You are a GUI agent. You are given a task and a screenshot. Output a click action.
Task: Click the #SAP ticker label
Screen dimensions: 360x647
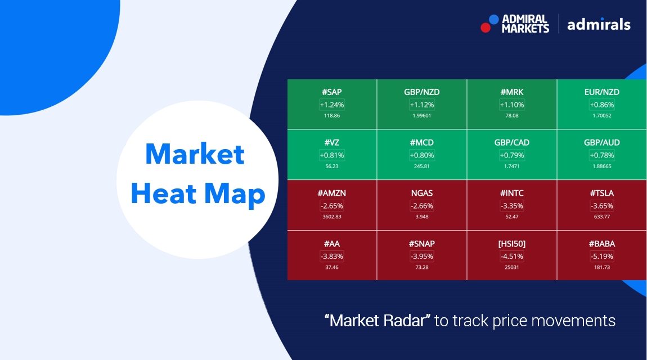tap(332, 92)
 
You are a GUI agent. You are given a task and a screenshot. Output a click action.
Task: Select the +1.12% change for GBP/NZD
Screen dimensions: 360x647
tap(421, 105)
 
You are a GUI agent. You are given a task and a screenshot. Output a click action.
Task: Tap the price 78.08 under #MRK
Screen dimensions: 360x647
tap(511, 116)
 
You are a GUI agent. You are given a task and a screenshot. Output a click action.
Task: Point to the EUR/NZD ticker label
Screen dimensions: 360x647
tap(601, 92)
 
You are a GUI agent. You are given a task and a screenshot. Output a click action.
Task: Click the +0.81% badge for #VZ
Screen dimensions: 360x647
tap(332, 155)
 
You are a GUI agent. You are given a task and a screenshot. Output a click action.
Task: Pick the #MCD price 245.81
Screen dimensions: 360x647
tap(421, 166)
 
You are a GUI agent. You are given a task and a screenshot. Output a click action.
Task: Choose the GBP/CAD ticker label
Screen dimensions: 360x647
tap(511, 142)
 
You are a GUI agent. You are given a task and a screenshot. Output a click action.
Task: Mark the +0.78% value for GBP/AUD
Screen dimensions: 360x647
tap(601, 155)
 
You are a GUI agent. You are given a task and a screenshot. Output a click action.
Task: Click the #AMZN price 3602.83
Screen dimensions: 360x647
tap(332, 217)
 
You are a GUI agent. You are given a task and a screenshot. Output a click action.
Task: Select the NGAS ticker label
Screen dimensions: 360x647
tap(421, 193)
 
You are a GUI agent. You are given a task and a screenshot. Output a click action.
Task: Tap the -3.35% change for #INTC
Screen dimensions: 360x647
tap(511, 206)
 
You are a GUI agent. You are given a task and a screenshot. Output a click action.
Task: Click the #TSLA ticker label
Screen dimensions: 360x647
tap(601, 193)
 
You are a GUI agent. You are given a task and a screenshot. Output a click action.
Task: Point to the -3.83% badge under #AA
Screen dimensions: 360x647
tap(332, 256)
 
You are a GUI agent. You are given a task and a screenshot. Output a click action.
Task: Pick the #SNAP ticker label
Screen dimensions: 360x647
tap(421, 244)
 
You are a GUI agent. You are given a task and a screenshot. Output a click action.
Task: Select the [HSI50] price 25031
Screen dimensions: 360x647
tap(511, 267)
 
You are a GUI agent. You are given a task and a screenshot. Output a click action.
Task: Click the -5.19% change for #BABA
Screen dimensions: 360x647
tap(601, 256)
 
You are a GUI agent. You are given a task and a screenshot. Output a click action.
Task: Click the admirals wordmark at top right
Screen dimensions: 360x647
tap(599, 24)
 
